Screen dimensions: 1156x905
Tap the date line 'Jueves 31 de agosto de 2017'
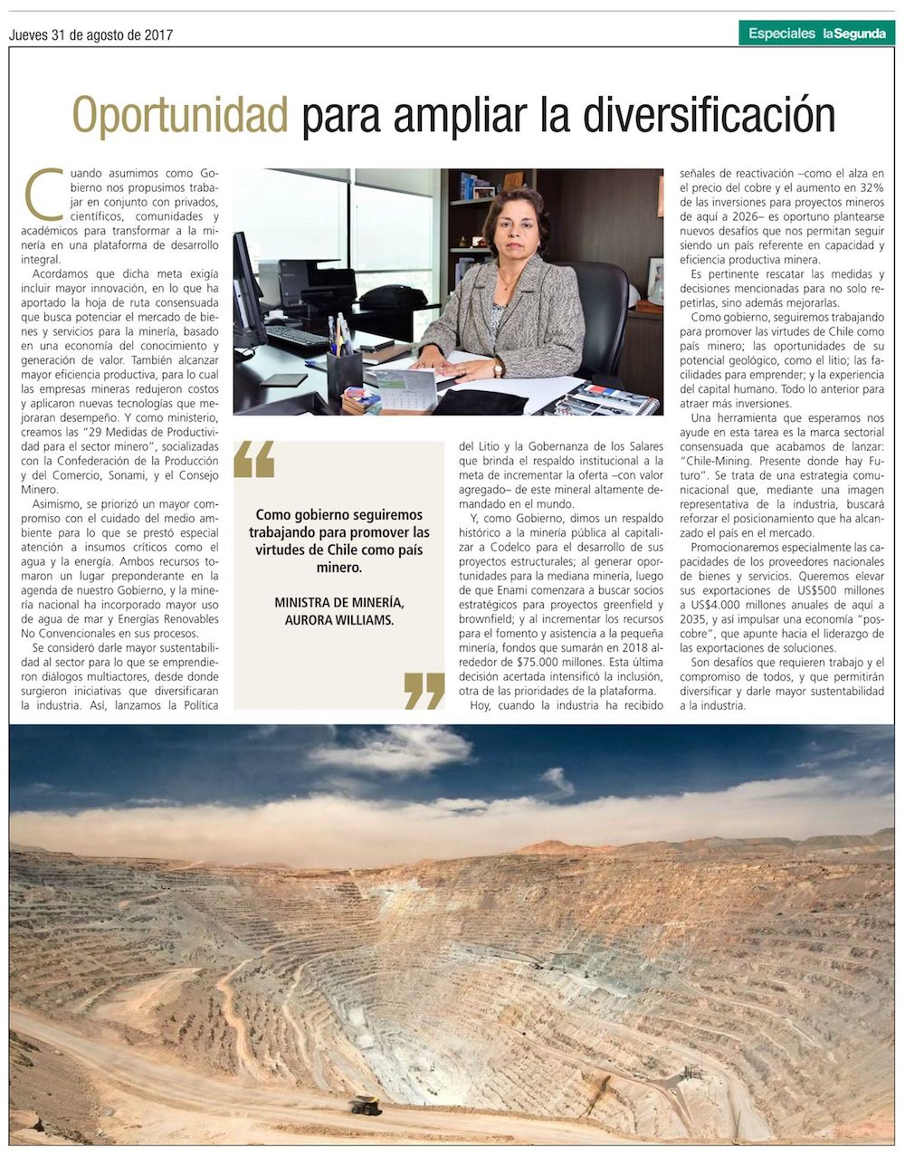click(x=90, y=35)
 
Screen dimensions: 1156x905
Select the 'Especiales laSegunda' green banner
click(x=816, y=33)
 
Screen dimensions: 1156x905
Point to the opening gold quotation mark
click(x=253, y=459)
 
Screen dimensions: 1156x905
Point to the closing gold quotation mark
click(x=424, y=690)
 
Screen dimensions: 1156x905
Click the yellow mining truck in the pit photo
click(x=366, y=1104)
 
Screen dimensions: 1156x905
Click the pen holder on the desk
click(x=344, y=371)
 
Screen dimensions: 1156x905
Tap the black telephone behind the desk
click(x=393, y=297)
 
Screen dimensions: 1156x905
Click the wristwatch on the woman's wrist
click(x=499, y=368)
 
